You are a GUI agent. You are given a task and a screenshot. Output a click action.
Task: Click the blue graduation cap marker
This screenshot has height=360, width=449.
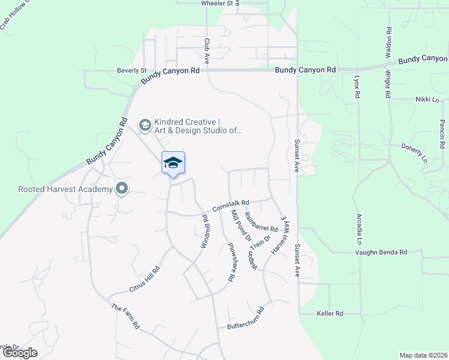pyautogui.click(x=173, y=163)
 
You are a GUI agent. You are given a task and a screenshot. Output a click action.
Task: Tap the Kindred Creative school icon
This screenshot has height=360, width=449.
pyautogui.click(x=145, y=125)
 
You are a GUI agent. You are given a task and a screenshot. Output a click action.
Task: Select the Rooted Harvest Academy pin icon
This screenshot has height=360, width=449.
pyautogui.click(x=122, y=190)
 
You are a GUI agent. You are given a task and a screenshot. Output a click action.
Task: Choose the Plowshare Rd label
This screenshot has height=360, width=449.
pyautogui.click(x=231, y=262)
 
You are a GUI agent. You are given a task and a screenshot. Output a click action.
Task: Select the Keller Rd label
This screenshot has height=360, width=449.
pyautogui.click(x=330, y=313)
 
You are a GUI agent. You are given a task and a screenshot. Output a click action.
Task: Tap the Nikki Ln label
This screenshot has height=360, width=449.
pyautogui.click(x=427, y=100)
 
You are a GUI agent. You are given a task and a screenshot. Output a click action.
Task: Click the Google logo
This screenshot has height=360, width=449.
pyautogui.click(x=20, y=353)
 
